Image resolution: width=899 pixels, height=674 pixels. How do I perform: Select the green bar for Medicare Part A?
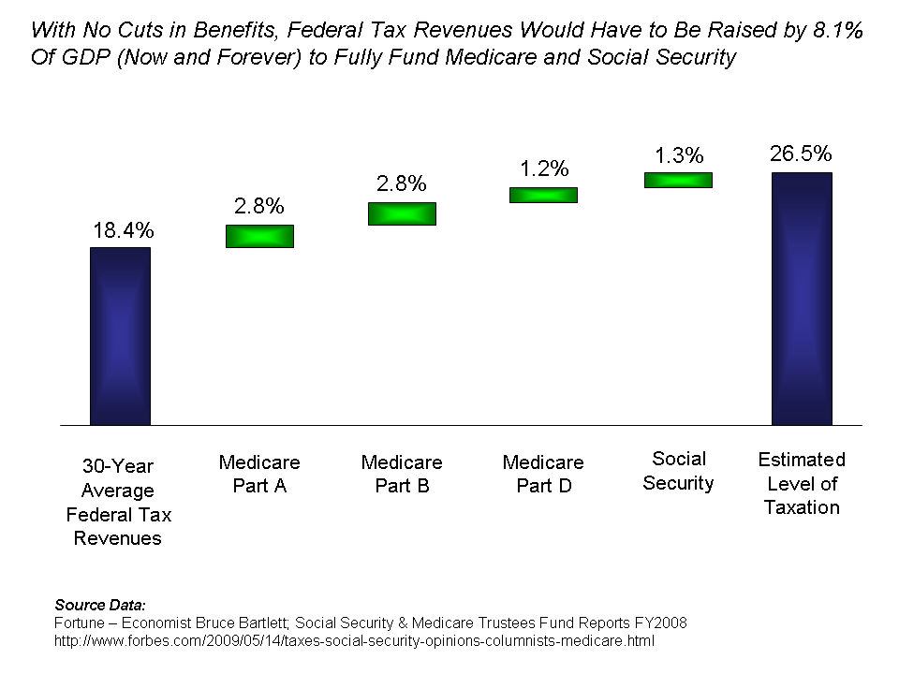pyautogui.click(x=259, y=236)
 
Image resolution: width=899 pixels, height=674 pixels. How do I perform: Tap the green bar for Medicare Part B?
pyautogui.click(x=402, y=213)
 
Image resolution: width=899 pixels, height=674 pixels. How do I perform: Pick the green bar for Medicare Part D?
pyautogui.click(x=543, y=195)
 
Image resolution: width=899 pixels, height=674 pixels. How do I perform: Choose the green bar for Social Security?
pyautogui.click(x=678, y=180)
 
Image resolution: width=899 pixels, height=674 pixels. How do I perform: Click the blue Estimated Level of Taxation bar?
pyautogui.click(x=802, y=298)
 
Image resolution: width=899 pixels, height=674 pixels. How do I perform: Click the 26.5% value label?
pyautogui.click(x=801, y=154)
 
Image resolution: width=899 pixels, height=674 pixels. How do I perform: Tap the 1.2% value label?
pyautogui.click(x=543, y=169)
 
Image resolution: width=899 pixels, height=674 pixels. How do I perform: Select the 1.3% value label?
pyautogui.click(x=678, y=156)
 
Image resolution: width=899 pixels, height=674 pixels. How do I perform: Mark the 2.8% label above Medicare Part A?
pyautogui.click(x=258, y=207)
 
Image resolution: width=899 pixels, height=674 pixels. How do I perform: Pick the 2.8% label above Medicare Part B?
pyautogui.click(x=401, y=183)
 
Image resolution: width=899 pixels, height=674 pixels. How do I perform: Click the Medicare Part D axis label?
pyautogui.click(x=543, y=474)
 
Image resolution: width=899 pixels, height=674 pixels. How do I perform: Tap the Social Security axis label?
pyautogui.click(x=679, y=471)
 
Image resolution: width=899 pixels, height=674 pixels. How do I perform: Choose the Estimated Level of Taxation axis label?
pyautogui.click(x=802, y=483)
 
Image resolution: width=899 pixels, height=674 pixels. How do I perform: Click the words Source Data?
pyautogui.click(x=100, y=606)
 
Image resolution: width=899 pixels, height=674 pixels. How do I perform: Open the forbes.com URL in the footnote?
pyautogui.click(x=355, y=641)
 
